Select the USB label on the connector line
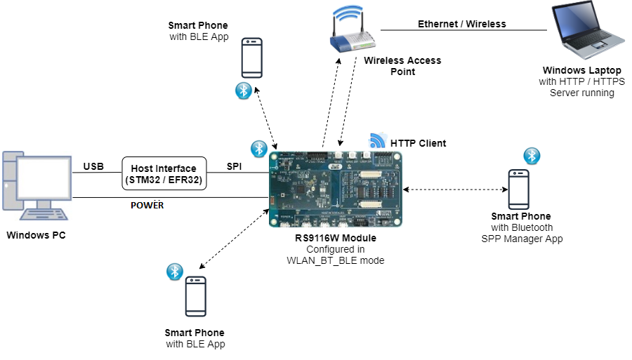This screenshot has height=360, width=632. pos(93,167)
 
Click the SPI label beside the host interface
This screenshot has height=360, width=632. pos(235,167)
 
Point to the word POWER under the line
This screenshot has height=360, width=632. pos(147,206)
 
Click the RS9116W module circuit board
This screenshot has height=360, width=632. pos(335,187)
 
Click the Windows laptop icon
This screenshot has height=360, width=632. pos(579,32)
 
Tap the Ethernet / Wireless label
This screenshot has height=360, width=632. pos(462,24)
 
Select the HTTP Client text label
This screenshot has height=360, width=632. pos(418,144)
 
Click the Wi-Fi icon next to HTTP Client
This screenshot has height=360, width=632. pos(378,140)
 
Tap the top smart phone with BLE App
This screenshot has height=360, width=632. pos(252,58)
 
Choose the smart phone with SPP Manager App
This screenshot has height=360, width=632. pos(519,188)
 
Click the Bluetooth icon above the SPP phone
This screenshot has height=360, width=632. pos(533,156)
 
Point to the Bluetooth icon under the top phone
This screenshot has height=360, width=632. pos(243,90)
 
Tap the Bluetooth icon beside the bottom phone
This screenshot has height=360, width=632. pos(174,271)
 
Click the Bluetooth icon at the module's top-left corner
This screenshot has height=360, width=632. pos(258,148)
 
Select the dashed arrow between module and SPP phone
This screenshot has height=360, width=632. pos(455,189)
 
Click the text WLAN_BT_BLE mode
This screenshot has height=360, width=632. pos(335,260)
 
